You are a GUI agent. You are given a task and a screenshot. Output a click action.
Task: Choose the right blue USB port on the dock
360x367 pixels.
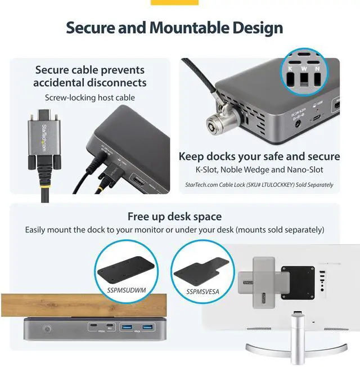pyautogui.click(x=147, y=327)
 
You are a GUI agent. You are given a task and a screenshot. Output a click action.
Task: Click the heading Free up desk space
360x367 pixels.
pyautogui.click(x=174, y=217)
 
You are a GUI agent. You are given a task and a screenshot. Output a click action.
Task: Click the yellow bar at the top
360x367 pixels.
pyautogui.click(x=174, y=2)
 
